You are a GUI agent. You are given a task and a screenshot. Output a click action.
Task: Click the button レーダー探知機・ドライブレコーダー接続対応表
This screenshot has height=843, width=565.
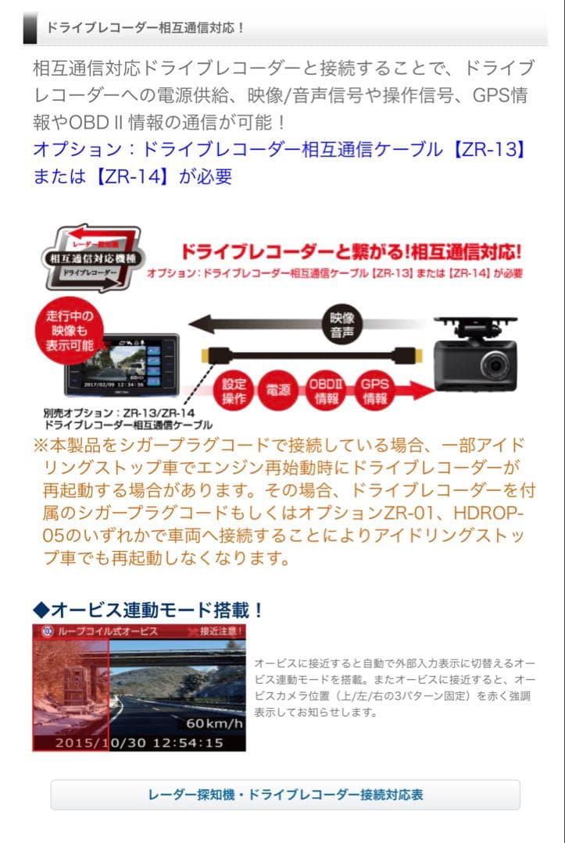[x=285, y=795]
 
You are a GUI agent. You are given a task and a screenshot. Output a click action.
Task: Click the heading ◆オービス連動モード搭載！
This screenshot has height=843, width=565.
[x=148, y=609]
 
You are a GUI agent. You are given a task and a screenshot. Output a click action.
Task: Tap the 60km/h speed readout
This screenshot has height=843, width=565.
[x=214, y=722]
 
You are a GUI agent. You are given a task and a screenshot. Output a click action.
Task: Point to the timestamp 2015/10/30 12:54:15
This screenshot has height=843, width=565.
[x=139, y=743]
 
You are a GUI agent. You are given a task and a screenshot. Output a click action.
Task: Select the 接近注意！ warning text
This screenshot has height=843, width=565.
[x=221, y=631]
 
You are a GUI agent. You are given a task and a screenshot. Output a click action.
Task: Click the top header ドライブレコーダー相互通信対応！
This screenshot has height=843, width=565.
[x=145, y=27]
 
